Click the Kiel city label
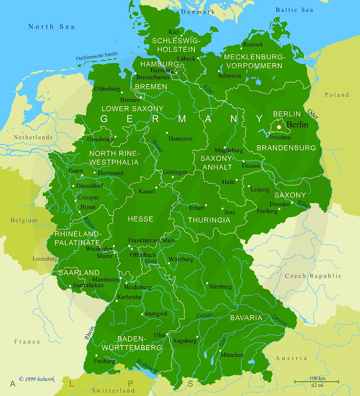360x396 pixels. tap(174, 32)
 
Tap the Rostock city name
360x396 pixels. tap(253, 44)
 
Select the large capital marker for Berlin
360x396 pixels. tap(279, 127)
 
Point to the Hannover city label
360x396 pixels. tap(180, 139)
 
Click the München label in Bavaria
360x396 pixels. tap(232, 355)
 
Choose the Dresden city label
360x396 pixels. tap(279, 204)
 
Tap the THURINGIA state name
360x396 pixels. tap(209, 220)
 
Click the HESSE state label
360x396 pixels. tap(140, 219)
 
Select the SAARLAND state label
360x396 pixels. tap(79, 273)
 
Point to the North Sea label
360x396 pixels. tap(51, 26)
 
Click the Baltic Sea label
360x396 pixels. tap(294, 10)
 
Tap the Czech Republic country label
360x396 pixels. tap(313, 276)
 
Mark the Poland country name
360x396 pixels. tap(337, 95)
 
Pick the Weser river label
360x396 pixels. tap(158, 146)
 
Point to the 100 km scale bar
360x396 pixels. tap(317, 381)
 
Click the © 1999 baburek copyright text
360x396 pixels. tap(37, 378)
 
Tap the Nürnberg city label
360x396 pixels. tap(220, 286)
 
